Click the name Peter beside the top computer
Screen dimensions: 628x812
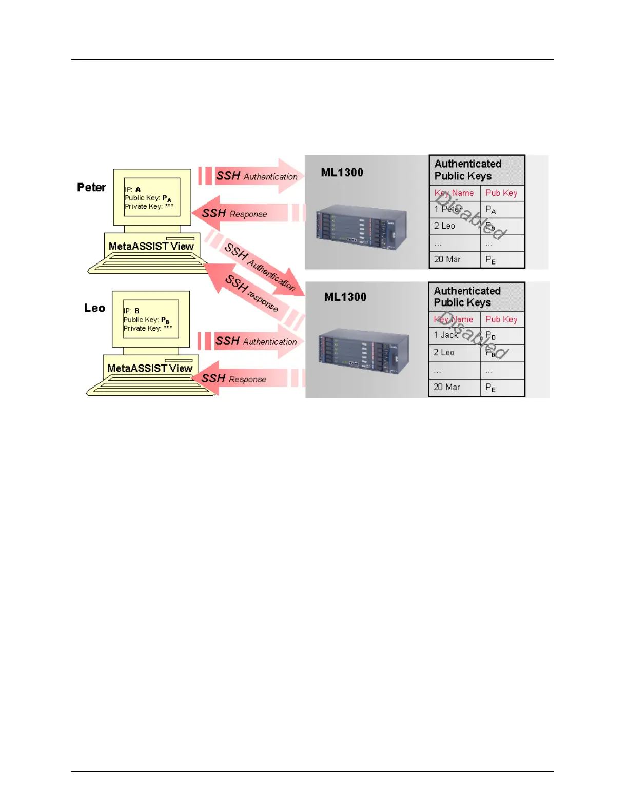point(91,187)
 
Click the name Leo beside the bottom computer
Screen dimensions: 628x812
point(94,308)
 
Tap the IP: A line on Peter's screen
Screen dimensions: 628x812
point(132,189)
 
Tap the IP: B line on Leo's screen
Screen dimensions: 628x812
point(131,311)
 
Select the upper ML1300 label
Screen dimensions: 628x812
point(342,172)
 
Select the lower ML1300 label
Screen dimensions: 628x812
point(345,297)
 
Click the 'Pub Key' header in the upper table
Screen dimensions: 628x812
point(501,193)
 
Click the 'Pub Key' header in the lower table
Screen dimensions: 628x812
point(501,319)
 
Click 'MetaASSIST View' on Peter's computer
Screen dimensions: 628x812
point(151,246)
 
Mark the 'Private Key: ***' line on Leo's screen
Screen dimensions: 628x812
point(148,328)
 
